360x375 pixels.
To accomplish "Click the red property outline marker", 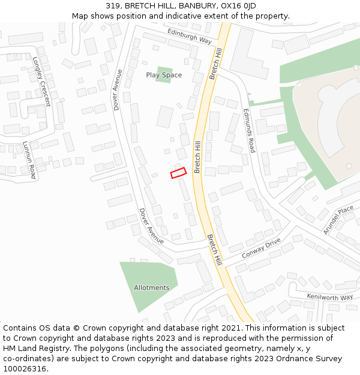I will coord(178,173).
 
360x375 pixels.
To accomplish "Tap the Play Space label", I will coord(164,75).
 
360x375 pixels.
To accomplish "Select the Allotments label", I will coord(151,287).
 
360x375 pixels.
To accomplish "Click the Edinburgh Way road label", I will coord(190,35).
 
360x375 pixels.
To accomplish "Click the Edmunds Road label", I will coord(249,130).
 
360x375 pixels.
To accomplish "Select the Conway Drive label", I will coord(261,248).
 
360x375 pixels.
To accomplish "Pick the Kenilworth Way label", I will coord(329,297).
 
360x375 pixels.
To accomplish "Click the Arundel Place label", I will coord(338,220).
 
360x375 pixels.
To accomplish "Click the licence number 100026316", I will coord(25,368).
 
